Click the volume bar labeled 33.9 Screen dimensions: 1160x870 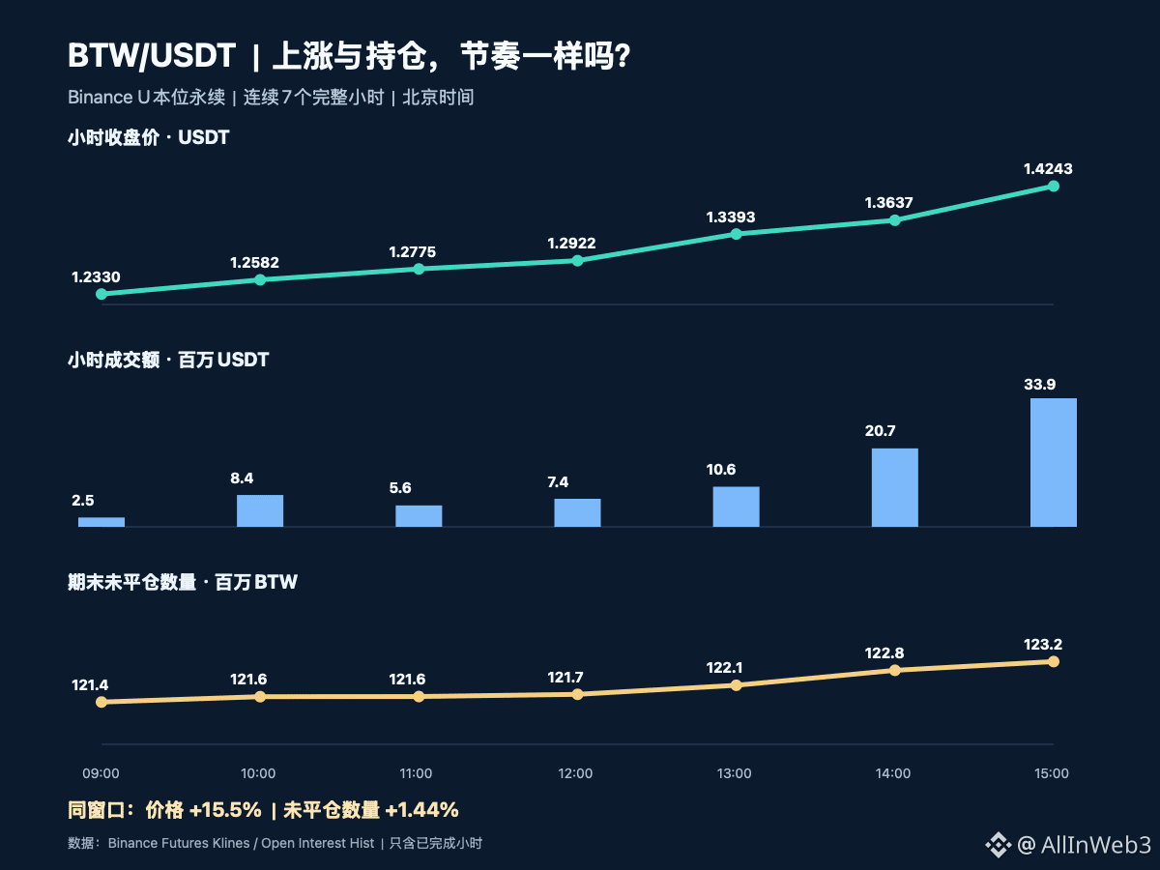click(1054, 462)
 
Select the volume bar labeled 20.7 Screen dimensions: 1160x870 click(895, 487)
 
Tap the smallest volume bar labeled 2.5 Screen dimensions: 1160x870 click(101, 522)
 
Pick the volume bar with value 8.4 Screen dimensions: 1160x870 click(260, 510)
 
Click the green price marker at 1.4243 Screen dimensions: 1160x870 click(1054, 186)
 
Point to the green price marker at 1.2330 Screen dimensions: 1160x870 click(101, 294)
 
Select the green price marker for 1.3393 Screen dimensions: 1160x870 click(737, 234)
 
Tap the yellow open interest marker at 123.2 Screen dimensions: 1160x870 click(1054, 661)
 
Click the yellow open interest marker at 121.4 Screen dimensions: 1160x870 click(101, 702)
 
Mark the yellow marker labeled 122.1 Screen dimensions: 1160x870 click(737, 685)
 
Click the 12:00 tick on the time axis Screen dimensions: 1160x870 click(575, 773)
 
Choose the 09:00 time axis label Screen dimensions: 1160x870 click(101, 773)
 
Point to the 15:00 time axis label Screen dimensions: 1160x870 click(1052, 773)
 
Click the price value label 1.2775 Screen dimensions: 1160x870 click(413, 252)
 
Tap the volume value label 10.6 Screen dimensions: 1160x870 click(721, 469)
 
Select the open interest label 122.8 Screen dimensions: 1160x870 click(884, 652)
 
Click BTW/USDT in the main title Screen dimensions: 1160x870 click(152, 56)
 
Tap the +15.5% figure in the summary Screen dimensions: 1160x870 click(225, 810)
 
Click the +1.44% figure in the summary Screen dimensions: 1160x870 click(421, 810)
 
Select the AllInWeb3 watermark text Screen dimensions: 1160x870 click(1095, 845)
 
